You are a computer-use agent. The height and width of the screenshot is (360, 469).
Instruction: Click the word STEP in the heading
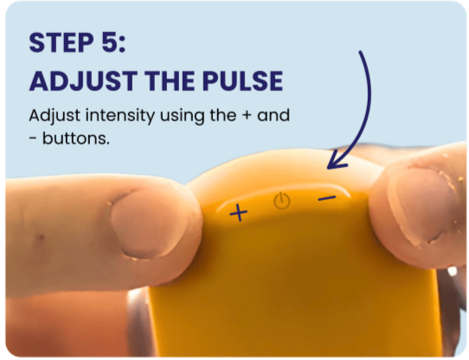click(x=61, y=42)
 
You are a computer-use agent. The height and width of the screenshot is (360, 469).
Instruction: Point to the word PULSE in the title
click(x=242, y=81)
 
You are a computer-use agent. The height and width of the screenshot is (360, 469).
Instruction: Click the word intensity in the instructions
click(x=120, y=116)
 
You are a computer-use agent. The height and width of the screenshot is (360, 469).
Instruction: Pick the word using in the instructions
click(x=183, y=117)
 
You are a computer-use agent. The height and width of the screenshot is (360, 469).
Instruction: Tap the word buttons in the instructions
click(x=75, y=138)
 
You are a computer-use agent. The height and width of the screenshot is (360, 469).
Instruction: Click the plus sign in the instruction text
click(x=247, y=116)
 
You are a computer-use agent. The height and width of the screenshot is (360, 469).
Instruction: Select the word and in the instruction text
click(x=273, y=115)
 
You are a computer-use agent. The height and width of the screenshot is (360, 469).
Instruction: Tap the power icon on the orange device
click(x=282, y=201)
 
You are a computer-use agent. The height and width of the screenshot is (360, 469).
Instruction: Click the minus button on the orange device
click(x=327, y=198)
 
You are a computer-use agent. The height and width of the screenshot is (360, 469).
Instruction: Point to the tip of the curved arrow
click(x=328, y=169)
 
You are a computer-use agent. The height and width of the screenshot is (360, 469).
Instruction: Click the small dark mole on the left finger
click(x=41, y=238)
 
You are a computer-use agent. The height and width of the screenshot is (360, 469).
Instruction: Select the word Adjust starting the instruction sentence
click(x=55, y=116)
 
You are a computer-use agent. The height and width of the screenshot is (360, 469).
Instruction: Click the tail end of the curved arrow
click(x=360, y=52)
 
